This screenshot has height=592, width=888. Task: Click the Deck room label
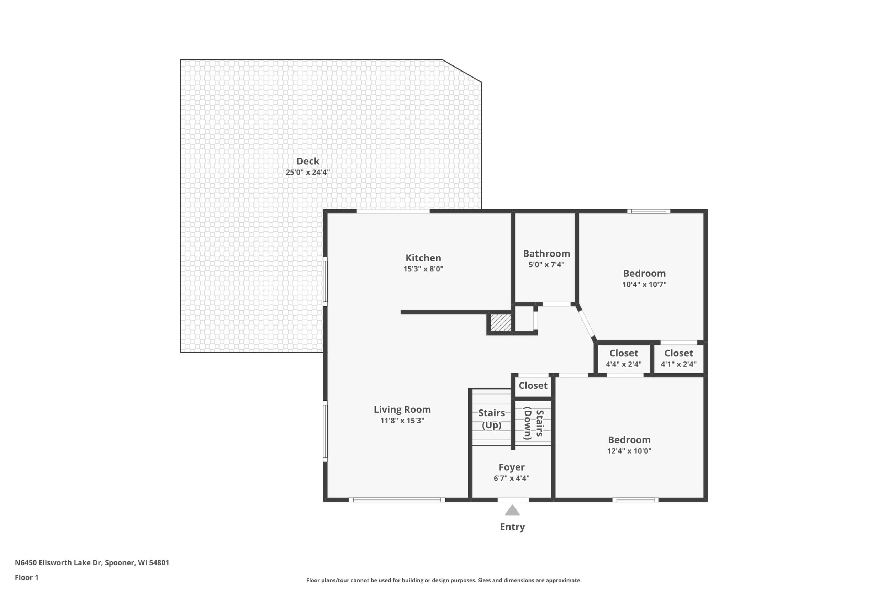308,161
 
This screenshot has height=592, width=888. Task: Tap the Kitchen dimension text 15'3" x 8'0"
423,269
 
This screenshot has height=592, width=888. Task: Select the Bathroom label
546,253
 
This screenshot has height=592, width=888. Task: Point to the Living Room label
402,409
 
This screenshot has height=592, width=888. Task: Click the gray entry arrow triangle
512,511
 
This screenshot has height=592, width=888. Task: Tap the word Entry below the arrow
512,527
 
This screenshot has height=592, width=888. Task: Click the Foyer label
512,468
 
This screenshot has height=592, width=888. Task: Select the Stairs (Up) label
492,419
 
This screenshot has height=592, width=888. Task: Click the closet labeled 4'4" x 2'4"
624,358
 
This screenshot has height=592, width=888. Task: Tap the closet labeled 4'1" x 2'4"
678,358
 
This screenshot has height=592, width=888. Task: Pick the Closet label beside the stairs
533,386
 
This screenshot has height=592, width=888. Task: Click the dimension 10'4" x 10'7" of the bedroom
645,285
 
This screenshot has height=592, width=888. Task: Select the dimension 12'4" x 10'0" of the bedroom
629,451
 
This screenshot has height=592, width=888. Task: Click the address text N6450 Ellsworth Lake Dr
58,562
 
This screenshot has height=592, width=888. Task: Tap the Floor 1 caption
27,577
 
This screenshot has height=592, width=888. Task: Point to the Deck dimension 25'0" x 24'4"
308,173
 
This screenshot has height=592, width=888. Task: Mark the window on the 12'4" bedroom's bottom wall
635,500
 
